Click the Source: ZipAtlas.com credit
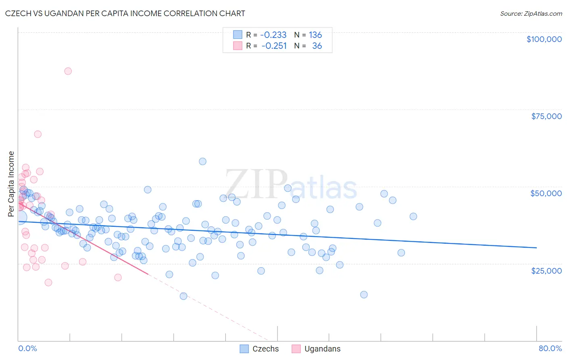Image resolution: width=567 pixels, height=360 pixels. [x=531, y=13]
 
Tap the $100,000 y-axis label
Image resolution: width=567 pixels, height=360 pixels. [x=544, y=39]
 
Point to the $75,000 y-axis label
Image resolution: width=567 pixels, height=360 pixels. [x=546, y=116]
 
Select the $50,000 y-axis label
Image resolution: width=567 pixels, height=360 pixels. [x=546, y=193]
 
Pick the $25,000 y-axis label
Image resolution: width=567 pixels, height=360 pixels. [x=546, y=270]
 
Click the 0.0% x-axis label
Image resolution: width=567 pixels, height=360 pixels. [x=27, y=348]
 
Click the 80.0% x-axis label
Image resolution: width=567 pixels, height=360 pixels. [x=550, y=348]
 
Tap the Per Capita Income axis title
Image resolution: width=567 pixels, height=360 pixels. [x=11, y=184]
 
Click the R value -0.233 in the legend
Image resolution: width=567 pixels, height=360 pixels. [x=273, y=35]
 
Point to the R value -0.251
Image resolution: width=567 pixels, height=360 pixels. [x=274, y=46]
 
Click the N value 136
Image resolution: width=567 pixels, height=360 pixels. [x=315, y=35]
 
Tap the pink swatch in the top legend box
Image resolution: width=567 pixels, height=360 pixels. [x=238, y=46]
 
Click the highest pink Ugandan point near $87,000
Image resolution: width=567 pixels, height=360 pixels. [x=68, y=71]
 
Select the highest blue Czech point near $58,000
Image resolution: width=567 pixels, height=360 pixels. [x=202, y=161]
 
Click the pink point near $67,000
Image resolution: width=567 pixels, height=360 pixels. [x=38, y=134]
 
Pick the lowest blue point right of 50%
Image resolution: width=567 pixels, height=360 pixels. [x=364, y=295]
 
